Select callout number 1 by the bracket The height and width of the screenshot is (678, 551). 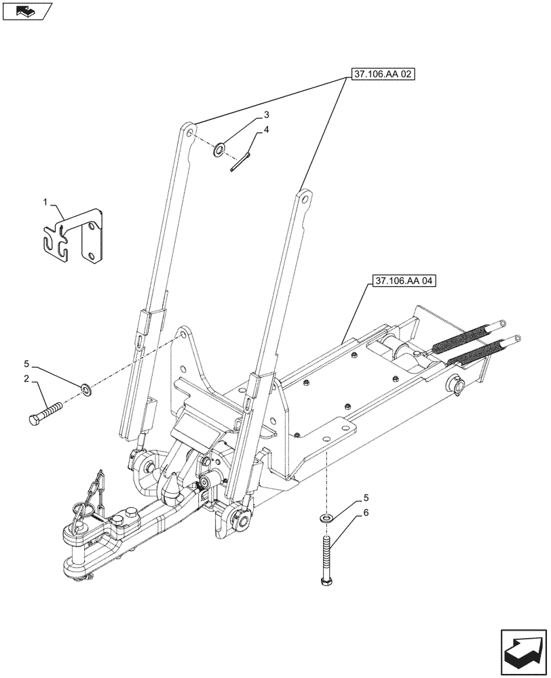(45, 202)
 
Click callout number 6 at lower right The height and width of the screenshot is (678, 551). (366, 513)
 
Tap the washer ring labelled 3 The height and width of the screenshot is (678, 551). (219, 149)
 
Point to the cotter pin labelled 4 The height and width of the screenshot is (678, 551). (241, 162)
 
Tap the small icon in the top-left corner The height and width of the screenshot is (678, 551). (26, 11)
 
